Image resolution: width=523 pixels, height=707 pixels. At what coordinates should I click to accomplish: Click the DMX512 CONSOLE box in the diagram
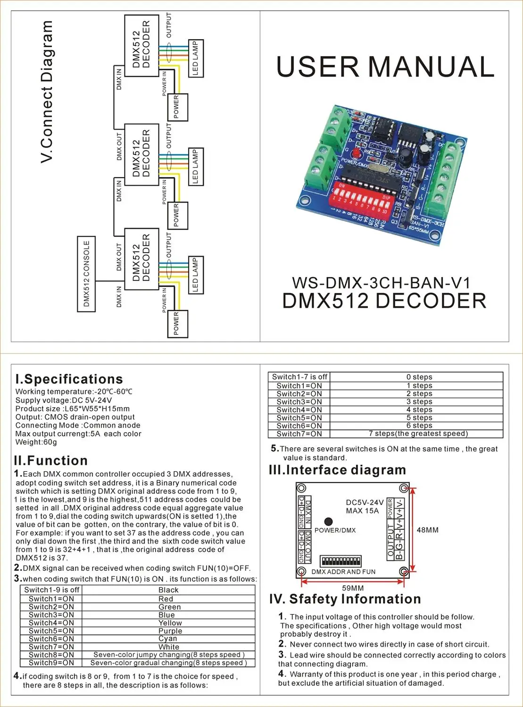pyautogui.click(x=86, y=274)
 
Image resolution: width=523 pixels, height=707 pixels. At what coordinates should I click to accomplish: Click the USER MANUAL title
pyautogui.click(x=385, y=67)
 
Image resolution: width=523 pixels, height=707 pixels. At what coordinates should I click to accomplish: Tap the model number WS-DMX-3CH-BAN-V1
pyautogui.click(x=381, y=283)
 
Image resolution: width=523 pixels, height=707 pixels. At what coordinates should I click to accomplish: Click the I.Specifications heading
pyautogui.click(x=69, y=379)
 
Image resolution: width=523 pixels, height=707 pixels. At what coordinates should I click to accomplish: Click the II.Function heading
pyautogui.click(x=51, y=460)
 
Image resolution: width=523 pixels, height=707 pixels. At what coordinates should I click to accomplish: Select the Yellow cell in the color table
pyautogui.click(x=170, y=623)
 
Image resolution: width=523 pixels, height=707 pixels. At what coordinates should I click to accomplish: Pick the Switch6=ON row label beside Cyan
pyautogui.click(x=51, y=639)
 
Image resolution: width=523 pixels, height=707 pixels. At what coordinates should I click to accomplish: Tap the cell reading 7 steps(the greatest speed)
pyautogui.click(x=418, y=434)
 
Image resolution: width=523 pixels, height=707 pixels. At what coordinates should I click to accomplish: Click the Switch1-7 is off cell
pyautogui.click(x=299, y=377)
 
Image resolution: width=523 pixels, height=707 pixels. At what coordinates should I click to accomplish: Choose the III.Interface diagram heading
pyautogui.click(x=337, y=470)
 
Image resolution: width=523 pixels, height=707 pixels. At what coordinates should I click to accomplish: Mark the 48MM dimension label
pyautogui.click(x=427, y=530)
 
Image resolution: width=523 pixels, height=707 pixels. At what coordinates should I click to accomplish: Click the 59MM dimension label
pyautogui.click(x=353, y=588)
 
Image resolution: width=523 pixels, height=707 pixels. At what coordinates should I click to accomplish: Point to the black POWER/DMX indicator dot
pyautogui.click(x=329, y=521)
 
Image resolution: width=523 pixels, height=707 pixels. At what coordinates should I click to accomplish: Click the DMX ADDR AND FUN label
pyautogui.click(x=343, y=572)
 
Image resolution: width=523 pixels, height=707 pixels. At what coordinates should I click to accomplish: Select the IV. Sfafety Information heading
pyautogui.click(x=345, y=599)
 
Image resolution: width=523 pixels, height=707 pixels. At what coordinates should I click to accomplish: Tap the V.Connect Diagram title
pyautogui.click(x=47, y=92)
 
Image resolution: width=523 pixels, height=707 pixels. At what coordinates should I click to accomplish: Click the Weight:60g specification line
pyautogui.click(x=36, y=442)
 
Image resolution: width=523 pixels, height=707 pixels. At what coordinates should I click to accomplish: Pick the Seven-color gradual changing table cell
pyautogui.click(x=168, y=663)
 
